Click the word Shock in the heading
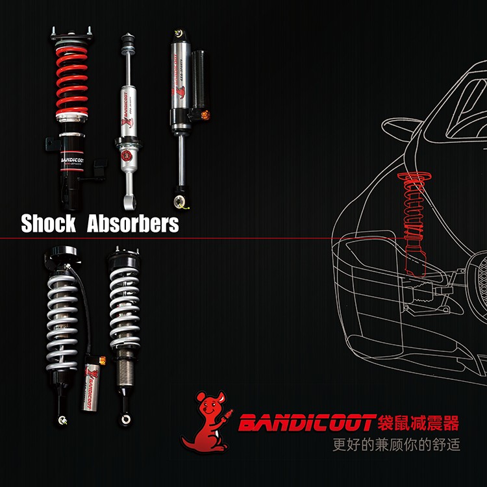point(48,223)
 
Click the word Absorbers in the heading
point(132,223)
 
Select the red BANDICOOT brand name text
point(305,424)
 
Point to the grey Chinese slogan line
point(395,447)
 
